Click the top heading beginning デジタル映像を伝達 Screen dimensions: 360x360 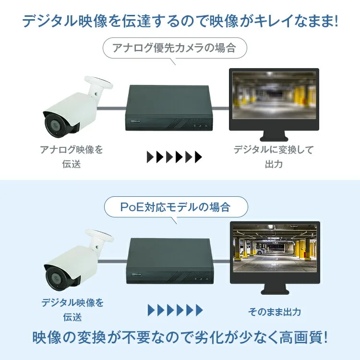point(180,22)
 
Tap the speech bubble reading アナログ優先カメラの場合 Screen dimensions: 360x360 point(175,48)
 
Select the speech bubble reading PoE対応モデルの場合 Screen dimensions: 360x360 point(176,207)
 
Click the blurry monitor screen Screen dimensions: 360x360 point(273,96)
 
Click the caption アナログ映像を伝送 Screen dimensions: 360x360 point(72,156)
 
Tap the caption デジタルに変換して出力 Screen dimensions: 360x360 point(273,156)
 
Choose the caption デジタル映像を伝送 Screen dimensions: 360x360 point(72,310)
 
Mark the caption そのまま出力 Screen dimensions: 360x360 point(274,312)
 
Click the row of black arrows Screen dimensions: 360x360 point(174,157)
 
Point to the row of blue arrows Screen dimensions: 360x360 point(174,310)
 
